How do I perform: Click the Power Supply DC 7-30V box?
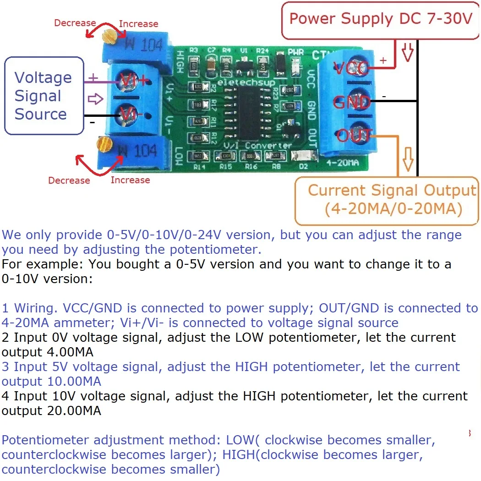[x=380, y=19]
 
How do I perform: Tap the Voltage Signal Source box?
[x=44, y=96]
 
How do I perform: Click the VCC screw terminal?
[x=351, y=69]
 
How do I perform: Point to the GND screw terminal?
[x=351, y=102]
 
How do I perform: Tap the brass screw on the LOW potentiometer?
[x=104, y=145]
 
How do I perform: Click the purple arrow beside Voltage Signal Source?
[x=95, y=98]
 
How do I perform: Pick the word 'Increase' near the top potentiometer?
[x=138, y=24]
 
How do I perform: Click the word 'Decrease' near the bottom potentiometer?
[x=69, y=180]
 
